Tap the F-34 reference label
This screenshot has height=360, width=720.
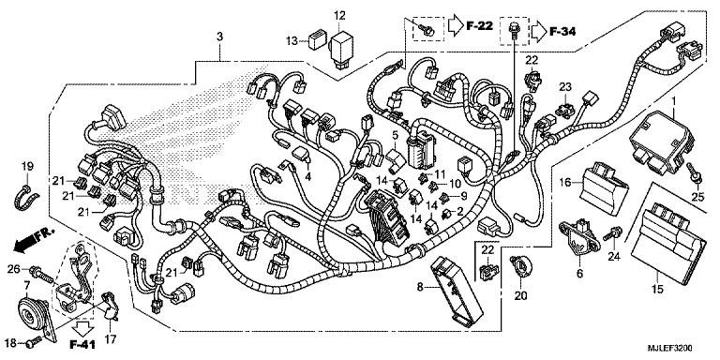tap(562, 31)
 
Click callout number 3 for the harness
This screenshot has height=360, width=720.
tap(219, 37)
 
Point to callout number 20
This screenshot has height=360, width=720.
tap(520, 295)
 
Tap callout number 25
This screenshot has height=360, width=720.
tap(697, 195)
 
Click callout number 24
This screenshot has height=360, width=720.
tap(614, 255)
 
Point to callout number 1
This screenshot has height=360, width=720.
tap(672, 98)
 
